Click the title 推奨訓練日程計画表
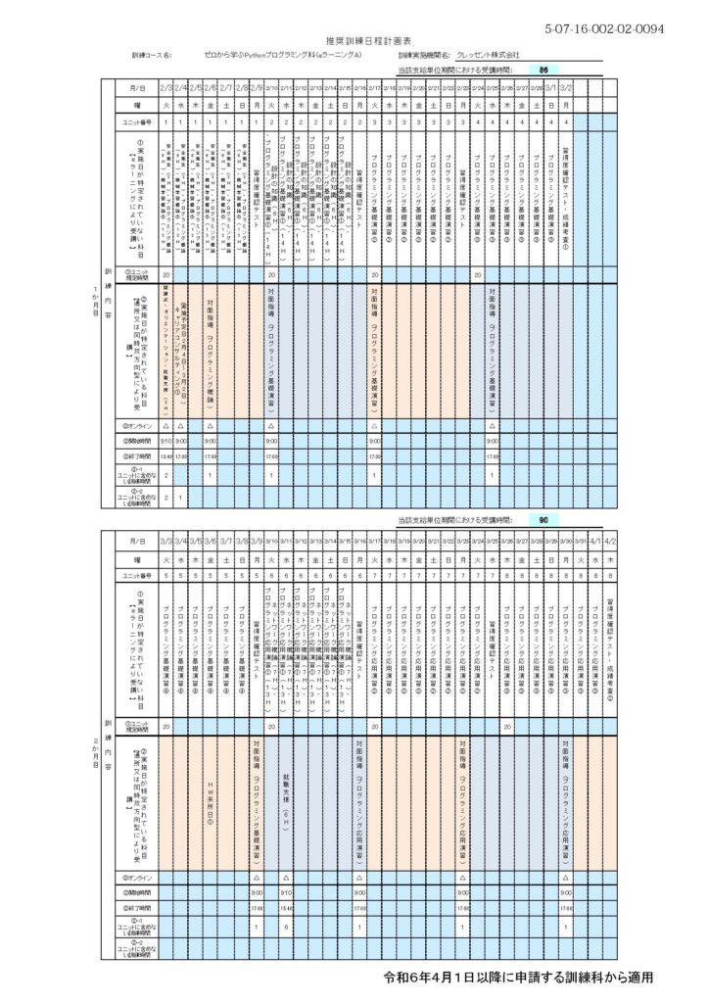tap(354, 41)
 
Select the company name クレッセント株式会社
tap(488, 56)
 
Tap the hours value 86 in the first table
tap(544, 71)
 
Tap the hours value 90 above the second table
tap(544, 522)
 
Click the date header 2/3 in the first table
tap(166, 87)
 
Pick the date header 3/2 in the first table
tap(566, 87)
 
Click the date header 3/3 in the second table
tap(166, 541)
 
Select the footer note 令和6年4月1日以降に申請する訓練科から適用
tap(517, 978)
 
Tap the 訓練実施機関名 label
tap(423, 56)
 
